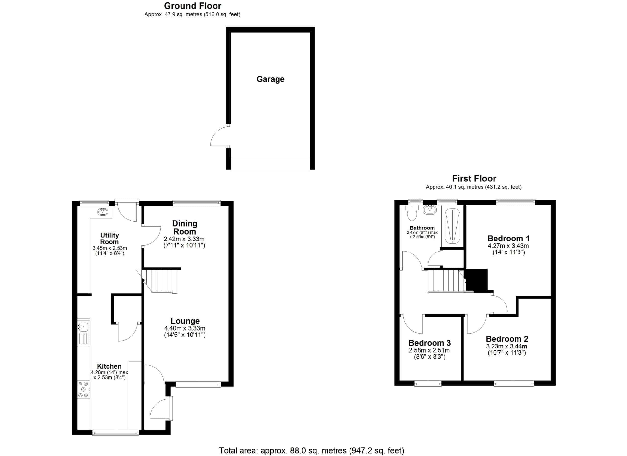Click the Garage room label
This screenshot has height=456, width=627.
[270, 79]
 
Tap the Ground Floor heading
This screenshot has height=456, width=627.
[193, 6]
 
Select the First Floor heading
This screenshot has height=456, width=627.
[474, 179]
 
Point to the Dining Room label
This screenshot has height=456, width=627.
[184, 228]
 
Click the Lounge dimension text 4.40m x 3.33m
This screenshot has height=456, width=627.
[185, 328]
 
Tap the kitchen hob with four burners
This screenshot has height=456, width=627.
[84, 389]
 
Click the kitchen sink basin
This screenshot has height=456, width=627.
[83, 327]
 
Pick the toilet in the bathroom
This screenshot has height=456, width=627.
[412, 213]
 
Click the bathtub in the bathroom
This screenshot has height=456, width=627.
[453, 226]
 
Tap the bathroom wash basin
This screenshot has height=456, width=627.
[430, 210]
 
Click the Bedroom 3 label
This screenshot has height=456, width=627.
[430, 343]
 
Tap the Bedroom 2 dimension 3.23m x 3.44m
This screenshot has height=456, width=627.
[506, 346]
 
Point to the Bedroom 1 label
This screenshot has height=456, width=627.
[508, 239]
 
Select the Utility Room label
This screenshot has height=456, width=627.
[109, 239]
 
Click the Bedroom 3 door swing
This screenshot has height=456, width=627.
[412, 324]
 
